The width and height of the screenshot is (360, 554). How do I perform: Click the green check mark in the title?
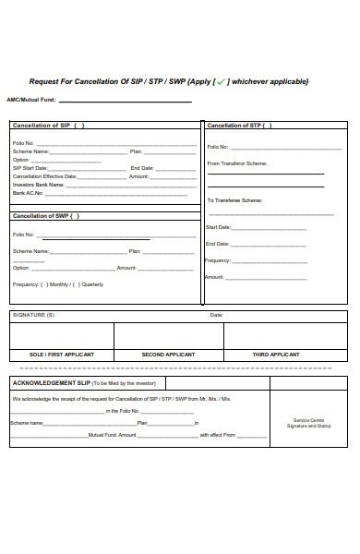(222, 82)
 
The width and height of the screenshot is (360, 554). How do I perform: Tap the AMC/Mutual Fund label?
(30, 99)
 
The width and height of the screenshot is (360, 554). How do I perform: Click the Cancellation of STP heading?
(236, 126)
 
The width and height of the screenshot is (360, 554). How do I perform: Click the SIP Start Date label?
(30, 167)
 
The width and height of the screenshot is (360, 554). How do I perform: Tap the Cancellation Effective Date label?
(45, 175)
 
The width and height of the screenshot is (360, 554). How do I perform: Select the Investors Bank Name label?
(38, 185)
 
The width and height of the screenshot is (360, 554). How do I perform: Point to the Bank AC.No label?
(29, 193)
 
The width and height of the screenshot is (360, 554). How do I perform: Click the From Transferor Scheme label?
(237, 163)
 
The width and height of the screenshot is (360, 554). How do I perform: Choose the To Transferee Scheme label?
(235, 200)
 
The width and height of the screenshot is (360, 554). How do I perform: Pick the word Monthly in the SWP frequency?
(58, 284)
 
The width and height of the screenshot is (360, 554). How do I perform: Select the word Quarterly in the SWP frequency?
(92, 284)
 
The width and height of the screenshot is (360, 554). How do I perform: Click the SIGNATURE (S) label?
(33, 316)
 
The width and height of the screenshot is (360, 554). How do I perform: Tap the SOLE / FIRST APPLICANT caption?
(61, 355)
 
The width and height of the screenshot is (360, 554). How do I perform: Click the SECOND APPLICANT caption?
(167, 355)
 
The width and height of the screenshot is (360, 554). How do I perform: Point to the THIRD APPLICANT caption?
(276, 355)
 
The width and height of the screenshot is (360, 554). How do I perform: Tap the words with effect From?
(218, 434)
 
